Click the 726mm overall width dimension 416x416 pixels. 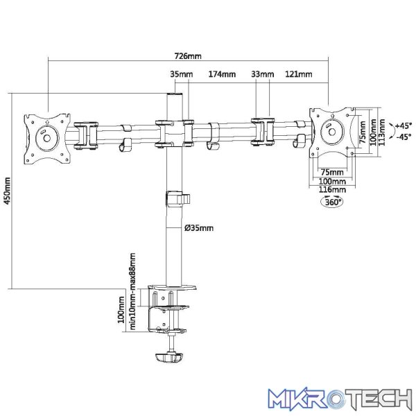188,56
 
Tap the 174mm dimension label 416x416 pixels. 222,74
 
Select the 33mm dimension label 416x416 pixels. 262,74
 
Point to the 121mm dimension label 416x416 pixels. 298,74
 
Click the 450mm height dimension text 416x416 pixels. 8,191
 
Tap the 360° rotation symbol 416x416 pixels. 332,202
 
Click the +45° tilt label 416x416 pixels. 404,125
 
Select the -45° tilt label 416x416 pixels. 404,137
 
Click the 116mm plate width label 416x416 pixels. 332,190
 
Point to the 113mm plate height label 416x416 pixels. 382,132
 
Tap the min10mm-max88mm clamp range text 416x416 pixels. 132,291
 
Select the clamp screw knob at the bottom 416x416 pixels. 169,357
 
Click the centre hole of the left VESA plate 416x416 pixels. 46,138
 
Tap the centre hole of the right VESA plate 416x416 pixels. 332,132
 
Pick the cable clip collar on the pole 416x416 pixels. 177,199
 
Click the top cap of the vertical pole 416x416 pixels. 175,94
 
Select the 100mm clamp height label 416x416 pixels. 121,310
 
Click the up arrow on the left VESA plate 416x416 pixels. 47,122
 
